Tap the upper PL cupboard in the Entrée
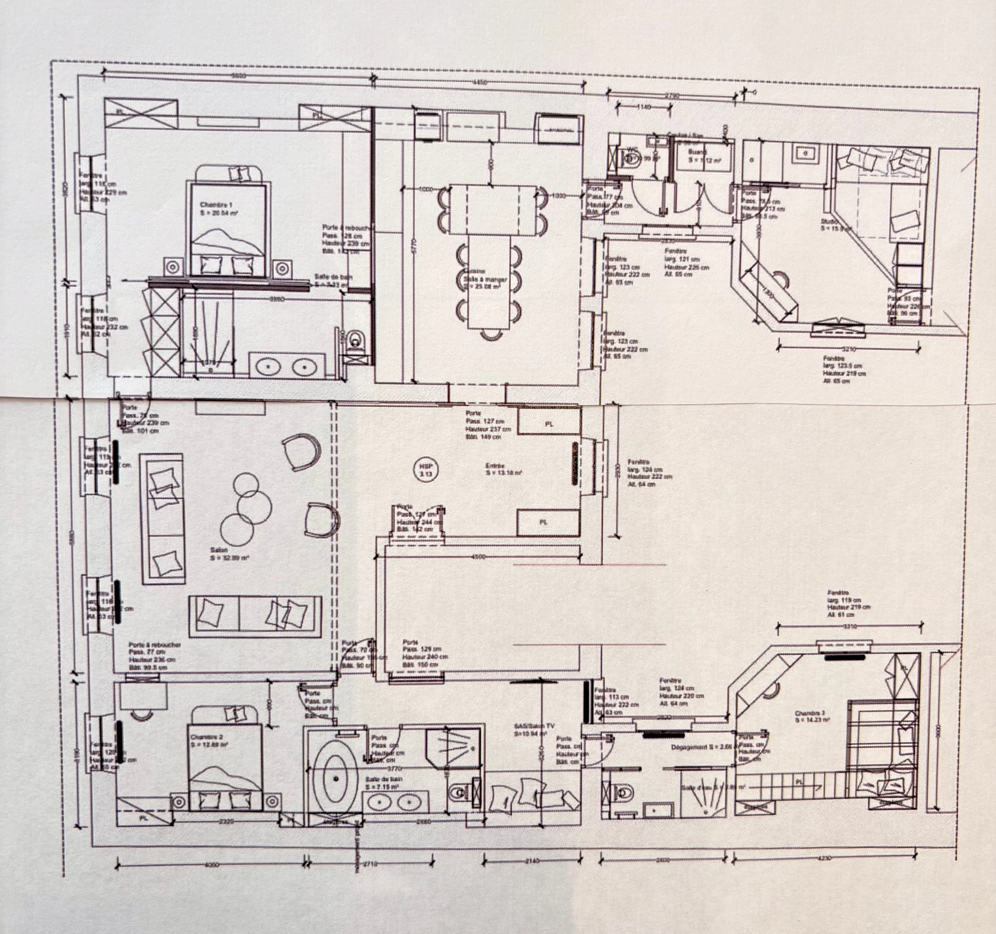click(x=549, y=424)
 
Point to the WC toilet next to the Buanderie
click(x=632, y=159)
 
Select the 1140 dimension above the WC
click(x=643, y=106)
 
